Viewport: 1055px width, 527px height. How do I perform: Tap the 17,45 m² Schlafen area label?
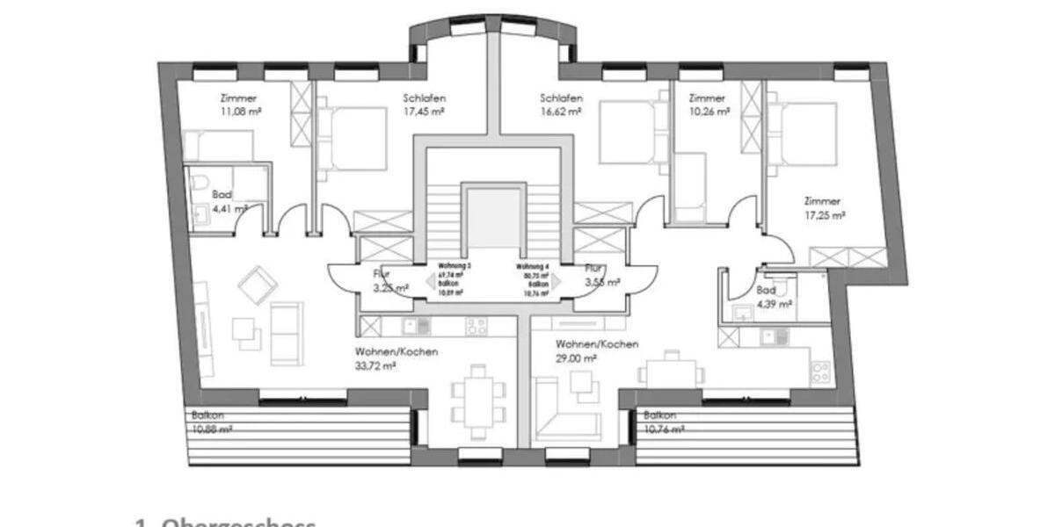point(424,112)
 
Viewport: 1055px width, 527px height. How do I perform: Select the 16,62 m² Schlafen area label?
point(561,112)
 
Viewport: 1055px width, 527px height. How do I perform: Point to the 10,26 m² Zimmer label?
point(710,112)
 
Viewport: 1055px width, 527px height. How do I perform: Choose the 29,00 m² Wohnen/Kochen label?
point(576,358)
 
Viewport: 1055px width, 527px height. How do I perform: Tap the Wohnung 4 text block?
point(533,278)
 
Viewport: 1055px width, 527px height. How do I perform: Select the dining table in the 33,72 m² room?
point(478,401)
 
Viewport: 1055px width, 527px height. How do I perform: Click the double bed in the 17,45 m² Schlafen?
point(353,138)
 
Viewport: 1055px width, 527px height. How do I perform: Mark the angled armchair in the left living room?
point(257,285)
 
